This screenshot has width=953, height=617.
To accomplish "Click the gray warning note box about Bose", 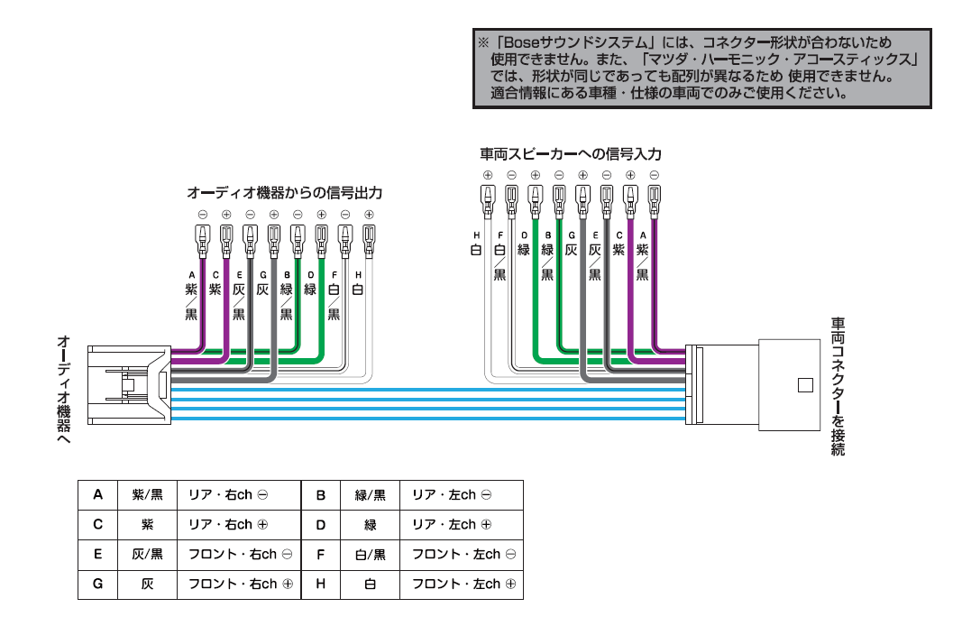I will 701,69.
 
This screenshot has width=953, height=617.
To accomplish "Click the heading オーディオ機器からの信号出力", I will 284,193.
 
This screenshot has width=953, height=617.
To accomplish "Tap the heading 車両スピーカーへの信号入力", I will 564,154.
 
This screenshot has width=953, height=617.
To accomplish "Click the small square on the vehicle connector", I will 805,386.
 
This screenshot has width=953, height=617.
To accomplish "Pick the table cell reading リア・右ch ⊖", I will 243,495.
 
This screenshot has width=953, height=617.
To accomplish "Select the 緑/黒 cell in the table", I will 370,495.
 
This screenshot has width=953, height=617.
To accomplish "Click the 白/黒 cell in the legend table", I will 370,554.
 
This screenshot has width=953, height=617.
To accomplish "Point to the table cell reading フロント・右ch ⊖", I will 243,554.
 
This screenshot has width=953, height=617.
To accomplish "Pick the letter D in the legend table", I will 321,524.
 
